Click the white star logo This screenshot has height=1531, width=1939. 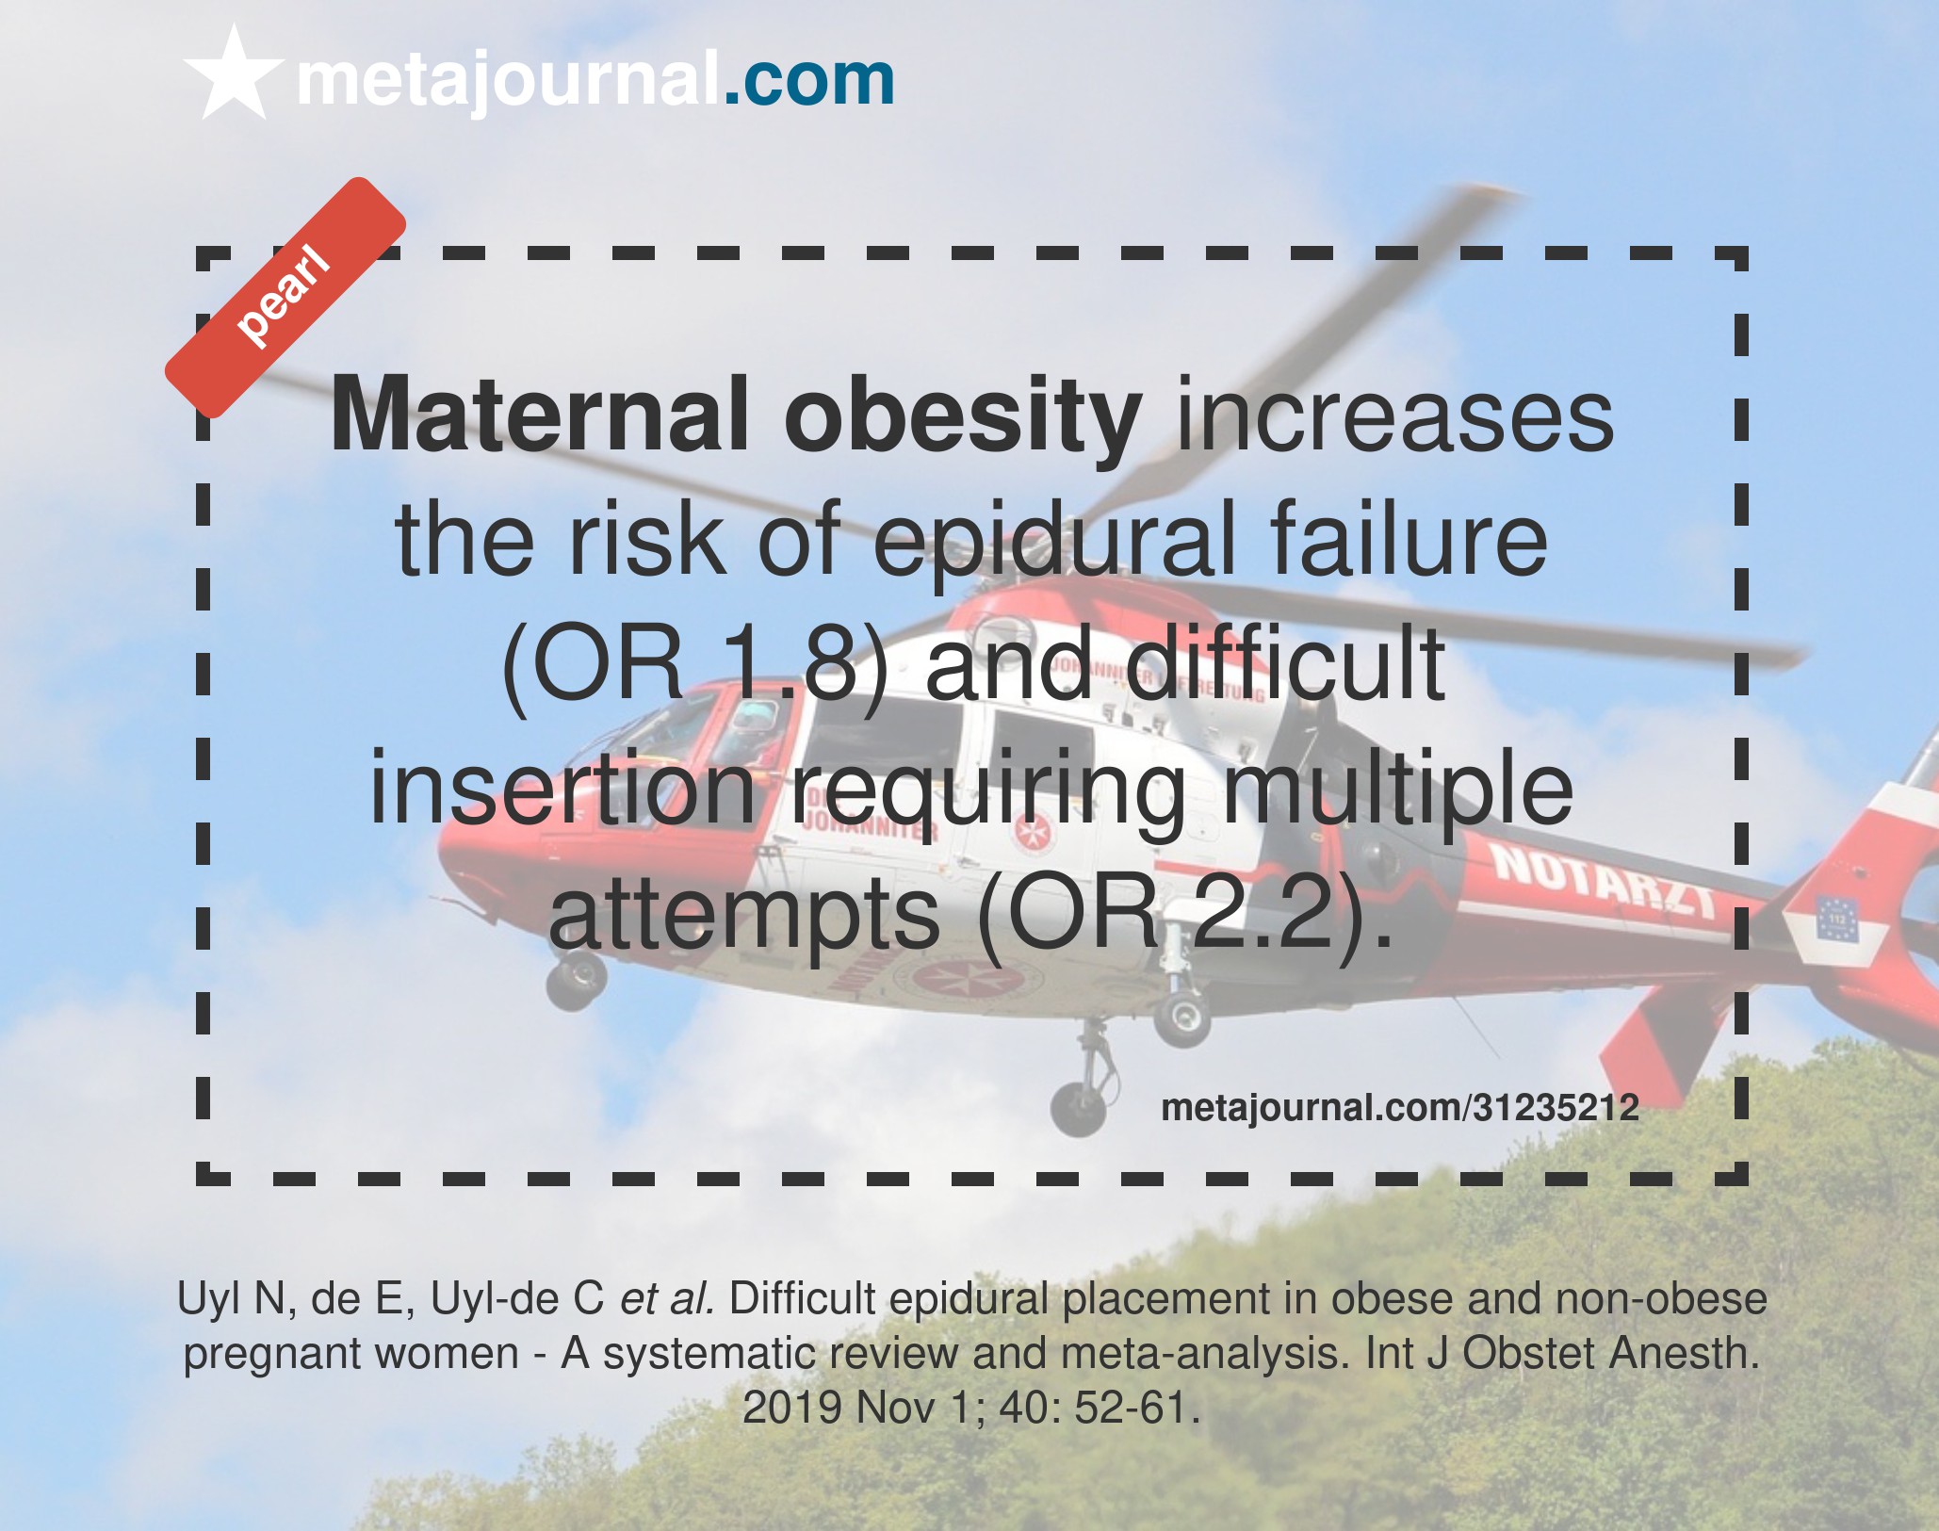(234, 75)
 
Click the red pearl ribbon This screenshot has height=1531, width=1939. (285, 298)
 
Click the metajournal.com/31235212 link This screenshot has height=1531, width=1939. (1400, 1107)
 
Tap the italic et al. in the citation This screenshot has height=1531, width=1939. (667, 1298)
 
